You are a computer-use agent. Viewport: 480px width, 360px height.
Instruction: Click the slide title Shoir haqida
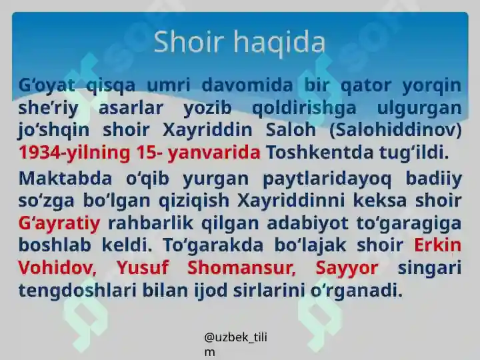(239, 43)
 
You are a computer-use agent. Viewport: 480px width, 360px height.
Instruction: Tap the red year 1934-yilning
(75, 152)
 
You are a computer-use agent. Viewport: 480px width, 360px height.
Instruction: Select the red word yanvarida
(214, 152)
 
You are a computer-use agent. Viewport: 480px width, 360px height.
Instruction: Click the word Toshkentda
(320, 152)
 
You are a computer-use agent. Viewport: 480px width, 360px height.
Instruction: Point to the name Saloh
(291, 129)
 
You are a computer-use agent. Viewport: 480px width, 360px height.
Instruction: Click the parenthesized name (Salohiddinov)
(395, 130)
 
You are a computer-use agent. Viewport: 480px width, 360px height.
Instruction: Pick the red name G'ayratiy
(59, 223)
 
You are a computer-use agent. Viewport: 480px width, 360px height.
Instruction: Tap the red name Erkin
(438, 245)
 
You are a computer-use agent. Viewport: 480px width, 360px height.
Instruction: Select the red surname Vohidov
(57, 267)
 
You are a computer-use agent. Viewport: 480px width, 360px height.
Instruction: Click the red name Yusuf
(143, 267)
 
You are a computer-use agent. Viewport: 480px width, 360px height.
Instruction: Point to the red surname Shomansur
(241, 267)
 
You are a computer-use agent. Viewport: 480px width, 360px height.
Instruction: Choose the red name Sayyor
(347, 268)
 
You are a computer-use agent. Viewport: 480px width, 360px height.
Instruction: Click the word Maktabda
(65, 178)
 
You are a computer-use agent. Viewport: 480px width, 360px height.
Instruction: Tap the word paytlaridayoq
(327, 179)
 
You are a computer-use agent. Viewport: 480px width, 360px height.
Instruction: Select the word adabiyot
(307, 223)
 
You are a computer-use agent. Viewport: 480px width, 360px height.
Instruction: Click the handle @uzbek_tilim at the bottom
(235, 345)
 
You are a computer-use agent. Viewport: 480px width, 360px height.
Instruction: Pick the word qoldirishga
(304, 108)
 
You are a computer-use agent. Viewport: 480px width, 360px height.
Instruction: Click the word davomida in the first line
(247, 85)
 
